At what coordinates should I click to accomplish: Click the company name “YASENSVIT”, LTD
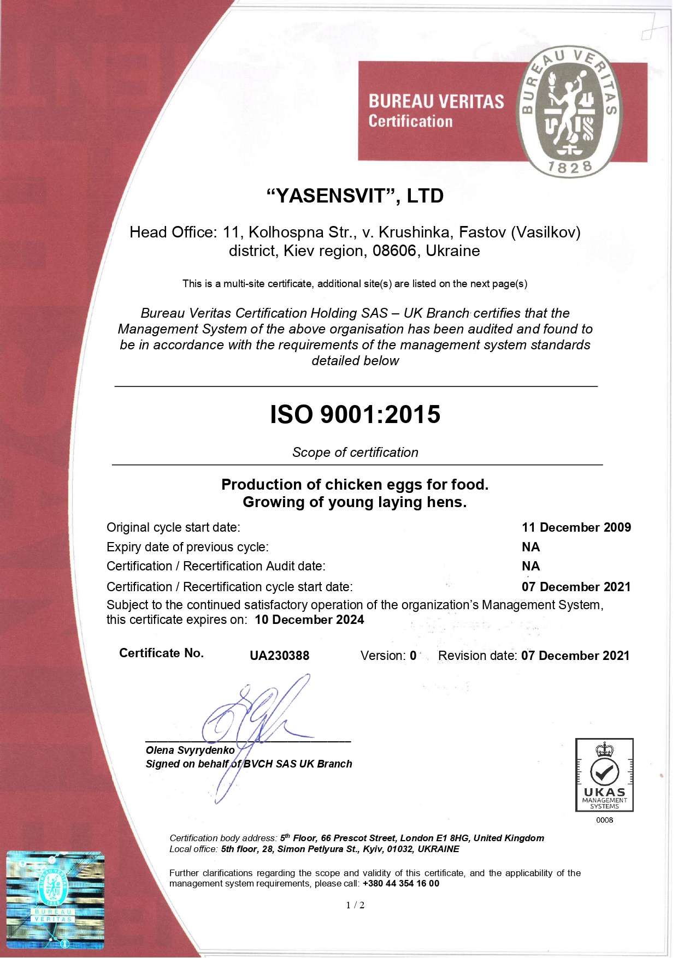[x=355, y=196]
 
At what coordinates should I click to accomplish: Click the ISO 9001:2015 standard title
[x=355, y=414]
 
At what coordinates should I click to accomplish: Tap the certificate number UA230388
[x=279, y=656]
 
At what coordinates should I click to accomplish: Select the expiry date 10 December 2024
[x=309, y=620]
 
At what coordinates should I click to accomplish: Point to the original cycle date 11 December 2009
[x=576, y=527]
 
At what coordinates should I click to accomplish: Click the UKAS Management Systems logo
[x=604, y=775]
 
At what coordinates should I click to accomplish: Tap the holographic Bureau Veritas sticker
[x=55, y=899]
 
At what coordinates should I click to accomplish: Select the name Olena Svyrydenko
[x=190, y=751]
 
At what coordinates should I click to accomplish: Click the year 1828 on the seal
[x=570, y=168]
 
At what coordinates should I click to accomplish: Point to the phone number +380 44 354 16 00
[x=400, y=883]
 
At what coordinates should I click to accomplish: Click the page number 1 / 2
[x=355, y=905]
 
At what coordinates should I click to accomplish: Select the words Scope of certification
[x=355, y=453]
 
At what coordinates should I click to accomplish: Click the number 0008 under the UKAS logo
[x=604, y=820]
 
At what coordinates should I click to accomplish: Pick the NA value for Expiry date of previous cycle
[x=530, y=547]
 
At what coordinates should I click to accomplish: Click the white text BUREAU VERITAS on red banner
[x=436, y=102]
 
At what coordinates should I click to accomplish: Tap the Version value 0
[x=413, y=656]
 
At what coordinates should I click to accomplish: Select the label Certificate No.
[x=161, y=653]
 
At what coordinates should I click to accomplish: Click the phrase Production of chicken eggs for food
[x=355, y=485]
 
